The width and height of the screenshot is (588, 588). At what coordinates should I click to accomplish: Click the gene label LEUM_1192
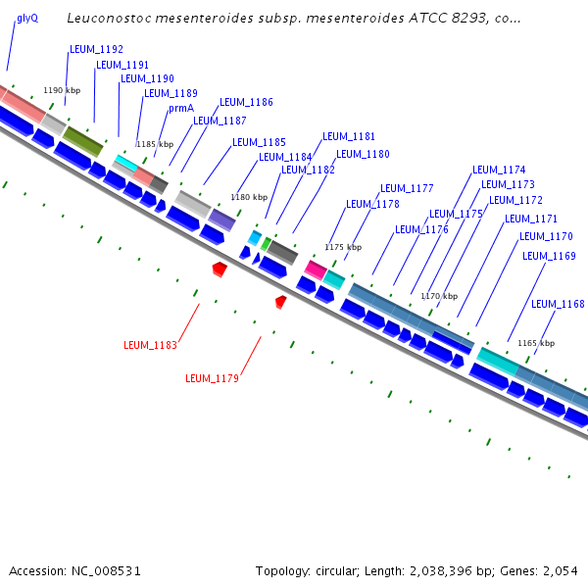[96, 48]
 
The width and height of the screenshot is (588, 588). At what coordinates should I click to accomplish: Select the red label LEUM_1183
[150, 345]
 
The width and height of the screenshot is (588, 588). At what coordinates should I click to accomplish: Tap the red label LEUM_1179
[212, 377]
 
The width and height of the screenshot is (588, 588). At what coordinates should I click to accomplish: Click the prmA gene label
[181, 108]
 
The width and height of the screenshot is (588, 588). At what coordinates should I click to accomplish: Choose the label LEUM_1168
[558, 304]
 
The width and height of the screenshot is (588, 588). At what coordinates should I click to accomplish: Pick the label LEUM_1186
[246, 102]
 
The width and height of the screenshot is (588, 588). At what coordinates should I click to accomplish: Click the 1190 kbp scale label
[62, 90]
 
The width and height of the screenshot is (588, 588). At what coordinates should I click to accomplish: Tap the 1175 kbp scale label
[343, 248]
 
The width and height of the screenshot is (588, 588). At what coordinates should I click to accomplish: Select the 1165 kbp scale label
[536, 343]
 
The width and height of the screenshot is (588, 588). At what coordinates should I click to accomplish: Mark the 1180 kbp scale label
[249, 197]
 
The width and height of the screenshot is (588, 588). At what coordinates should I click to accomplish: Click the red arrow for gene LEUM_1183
[220, 268]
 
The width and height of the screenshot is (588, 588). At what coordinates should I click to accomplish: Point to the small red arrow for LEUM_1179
[281, 302]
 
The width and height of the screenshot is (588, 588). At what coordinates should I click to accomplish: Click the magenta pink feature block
[316, 269]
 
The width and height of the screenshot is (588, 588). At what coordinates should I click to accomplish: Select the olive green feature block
[82, 142]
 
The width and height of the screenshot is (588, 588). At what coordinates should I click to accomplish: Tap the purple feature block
[221, 220]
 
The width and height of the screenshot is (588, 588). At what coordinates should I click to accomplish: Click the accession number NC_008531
[103, 570]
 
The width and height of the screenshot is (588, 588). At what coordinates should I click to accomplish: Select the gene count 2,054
[560, 570]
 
